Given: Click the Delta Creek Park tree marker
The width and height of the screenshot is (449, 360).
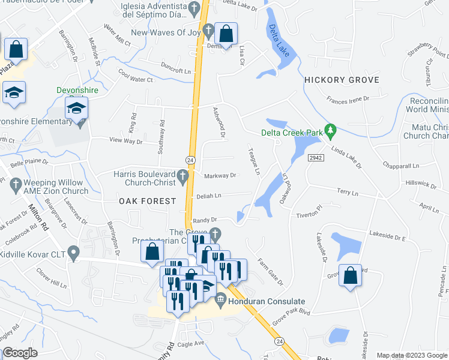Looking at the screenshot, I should [x=329, y=130].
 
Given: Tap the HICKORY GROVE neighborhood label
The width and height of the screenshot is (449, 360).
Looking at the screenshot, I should [x=342, y=80].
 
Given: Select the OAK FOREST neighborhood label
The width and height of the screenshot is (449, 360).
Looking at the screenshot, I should [x=147, y=201].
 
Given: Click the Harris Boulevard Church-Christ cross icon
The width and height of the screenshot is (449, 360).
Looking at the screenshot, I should [x=185, y=175].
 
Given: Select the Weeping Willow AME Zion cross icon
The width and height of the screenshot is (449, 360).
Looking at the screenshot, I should [x=16, y=187].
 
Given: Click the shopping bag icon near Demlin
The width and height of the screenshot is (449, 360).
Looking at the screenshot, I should [x=225, y=34].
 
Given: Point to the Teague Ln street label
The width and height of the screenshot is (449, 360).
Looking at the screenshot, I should [x=254, y=162].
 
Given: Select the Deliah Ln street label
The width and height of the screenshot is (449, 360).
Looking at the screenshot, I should [x=209, y=196].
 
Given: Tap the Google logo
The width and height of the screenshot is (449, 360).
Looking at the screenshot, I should [x=20, y=353].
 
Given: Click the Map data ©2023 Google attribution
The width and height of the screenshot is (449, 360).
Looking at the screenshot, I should [x=411, y=355].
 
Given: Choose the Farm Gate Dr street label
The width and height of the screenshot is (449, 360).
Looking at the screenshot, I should [x=270, y=271].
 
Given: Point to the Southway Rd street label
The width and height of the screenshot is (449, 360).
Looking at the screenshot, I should [x=161, y=138].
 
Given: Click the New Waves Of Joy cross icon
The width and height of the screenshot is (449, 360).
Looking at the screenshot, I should [x=208, y=29].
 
